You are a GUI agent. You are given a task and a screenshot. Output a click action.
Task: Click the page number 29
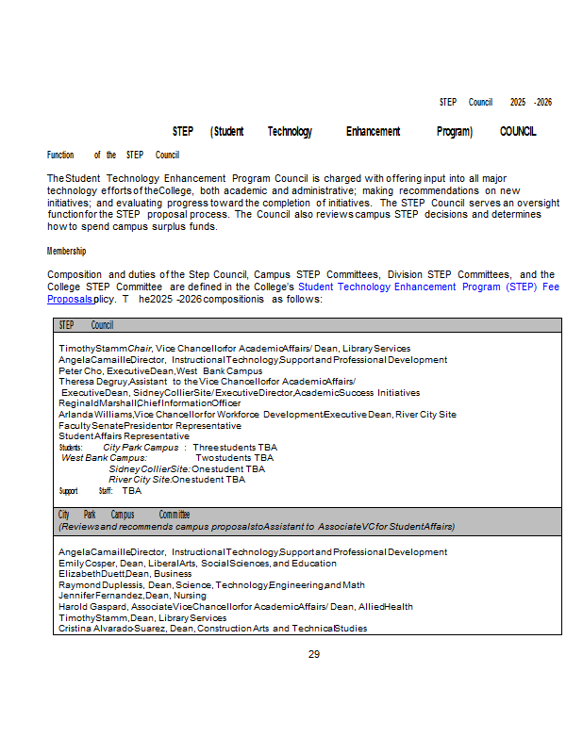coord(314,654)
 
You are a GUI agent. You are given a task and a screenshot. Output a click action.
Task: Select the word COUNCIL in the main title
coord(518,132)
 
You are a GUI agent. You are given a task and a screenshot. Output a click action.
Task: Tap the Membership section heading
coord(66,251)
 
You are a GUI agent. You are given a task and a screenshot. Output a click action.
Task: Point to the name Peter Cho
coord(77,371)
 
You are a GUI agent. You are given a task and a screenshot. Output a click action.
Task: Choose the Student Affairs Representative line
coord(124,436)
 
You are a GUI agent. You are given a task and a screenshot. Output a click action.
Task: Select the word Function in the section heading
coord(60,155)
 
